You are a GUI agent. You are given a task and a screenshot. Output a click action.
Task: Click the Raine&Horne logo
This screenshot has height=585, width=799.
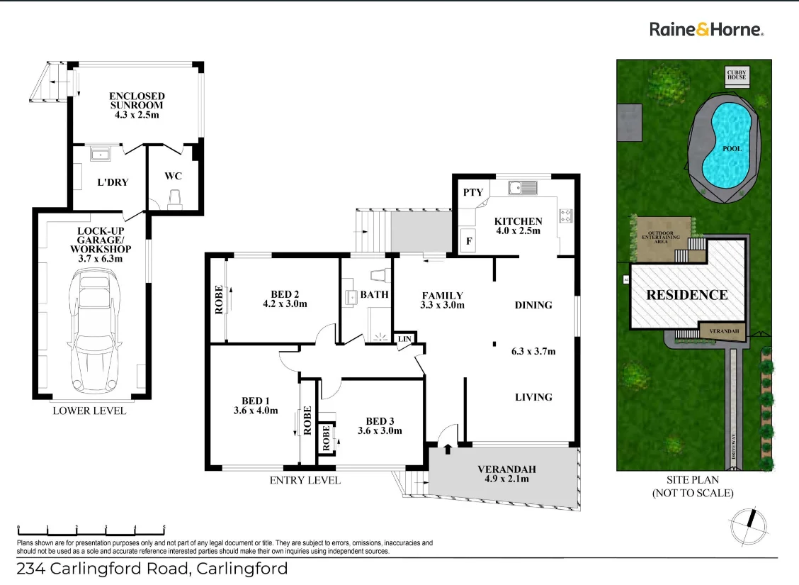pyautogui.click(x=706, y=29)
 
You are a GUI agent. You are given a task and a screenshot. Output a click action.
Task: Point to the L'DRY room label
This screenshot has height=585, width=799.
pyautogui.click(x=113, y=182)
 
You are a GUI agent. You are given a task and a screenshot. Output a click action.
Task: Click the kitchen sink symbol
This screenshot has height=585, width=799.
pyautogui.click(x=523, y=187)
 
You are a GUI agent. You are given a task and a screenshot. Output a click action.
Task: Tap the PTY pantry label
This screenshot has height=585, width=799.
pyautogui.click(x=473, y=192)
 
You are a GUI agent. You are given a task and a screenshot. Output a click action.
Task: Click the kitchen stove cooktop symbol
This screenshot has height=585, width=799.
pyautogui.click(x=566, y=216)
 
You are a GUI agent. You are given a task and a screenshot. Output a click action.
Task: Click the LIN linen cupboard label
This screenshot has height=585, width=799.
pyautogui.click(x=404, y=340)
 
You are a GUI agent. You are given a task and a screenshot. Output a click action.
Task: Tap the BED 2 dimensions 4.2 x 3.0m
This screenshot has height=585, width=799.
pyautogui.click(x=285, y=304)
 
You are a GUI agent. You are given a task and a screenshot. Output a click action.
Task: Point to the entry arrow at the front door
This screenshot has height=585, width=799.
pyautogui.click(x=447, y=448)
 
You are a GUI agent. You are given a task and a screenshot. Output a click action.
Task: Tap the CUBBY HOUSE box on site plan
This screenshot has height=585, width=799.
pyautogui.click(x=737, y=74)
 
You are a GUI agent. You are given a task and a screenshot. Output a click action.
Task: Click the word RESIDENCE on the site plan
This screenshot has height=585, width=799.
pyautogui.click(x=686, y=295)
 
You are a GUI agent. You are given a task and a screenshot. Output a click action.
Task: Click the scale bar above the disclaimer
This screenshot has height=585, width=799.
pyautogui.click(x=91, y=529)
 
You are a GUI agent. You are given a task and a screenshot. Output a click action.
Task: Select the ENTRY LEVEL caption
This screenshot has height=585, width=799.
pyautogui.click(x=305, y=480)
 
